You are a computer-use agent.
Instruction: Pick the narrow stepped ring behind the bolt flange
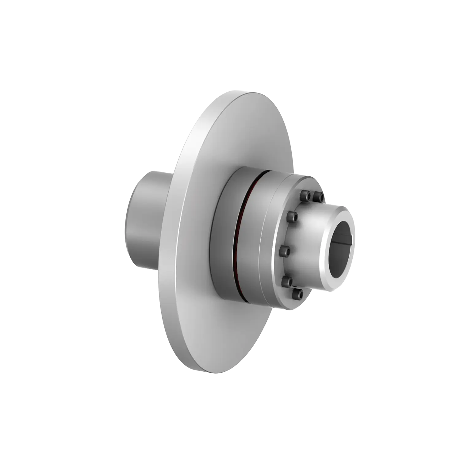click(x=267, y=239)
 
